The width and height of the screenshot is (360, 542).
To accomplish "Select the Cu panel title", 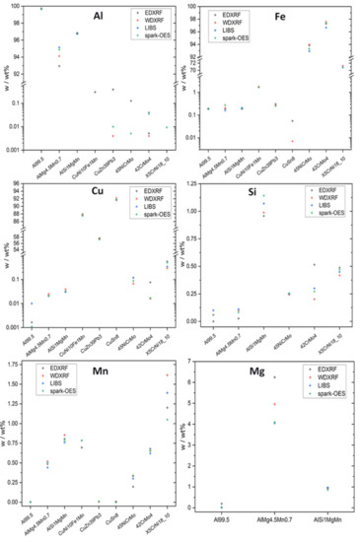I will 102,197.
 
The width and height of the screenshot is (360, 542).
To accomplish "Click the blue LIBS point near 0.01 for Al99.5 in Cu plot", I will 32,304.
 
